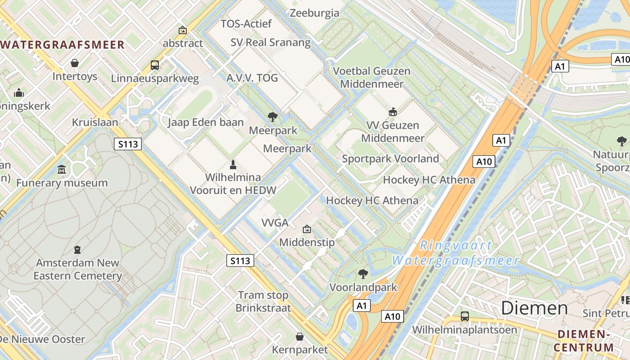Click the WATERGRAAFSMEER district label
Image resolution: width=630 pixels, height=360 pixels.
point(63,45)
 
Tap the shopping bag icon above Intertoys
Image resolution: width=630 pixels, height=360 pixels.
point(75,63)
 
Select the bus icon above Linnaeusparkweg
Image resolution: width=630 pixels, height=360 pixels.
point(155,65)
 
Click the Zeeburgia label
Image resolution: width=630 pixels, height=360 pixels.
point(315,13)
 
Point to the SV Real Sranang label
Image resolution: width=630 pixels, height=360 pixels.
point(270,42)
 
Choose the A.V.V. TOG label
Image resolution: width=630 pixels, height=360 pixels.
point(252,78)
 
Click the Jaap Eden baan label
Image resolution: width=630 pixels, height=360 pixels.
point(206,122)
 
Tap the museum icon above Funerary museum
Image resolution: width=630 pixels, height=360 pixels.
point(62,170)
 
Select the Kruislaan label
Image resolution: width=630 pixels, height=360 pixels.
point(95,122)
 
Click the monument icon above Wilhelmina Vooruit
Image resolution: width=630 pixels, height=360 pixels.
point(233,164)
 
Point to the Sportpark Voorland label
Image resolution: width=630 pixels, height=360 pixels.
point(390,158)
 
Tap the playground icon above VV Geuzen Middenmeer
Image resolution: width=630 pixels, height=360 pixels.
point(392,112)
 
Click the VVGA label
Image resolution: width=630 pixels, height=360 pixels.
point(274,222)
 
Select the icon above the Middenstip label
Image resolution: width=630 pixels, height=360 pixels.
point(307,229)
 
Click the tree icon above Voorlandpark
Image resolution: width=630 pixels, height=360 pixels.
point(363,274)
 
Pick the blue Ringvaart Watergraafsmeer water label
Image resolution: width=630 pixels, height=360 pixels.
point(455,253)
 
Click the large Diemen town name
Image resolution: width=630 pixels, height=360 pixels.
point(534,308)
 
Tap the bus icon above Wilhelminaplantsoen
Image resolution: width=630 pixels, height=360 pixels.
point(464,316)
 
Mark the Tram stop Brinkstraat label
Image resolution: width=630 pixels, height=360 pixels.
point(263,301)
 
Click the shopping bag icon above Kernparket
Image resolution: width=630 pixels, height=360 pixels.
point(299,336)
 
